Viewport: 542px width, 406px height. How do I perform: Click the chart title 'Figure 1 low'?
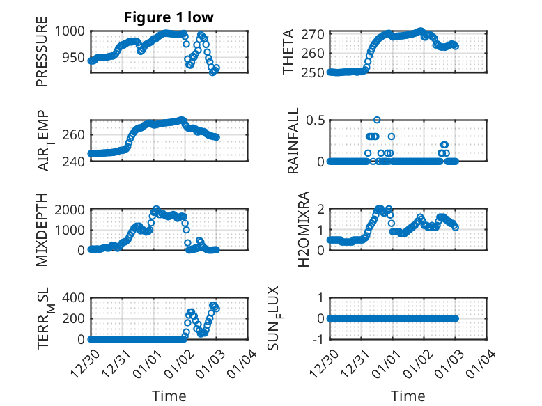[x=169, y=17]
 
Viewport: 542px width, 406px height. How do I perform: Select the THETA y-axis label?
[x=288, y=52]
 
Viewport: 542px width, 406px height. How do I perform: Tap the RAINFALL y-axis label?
[x=293, y=140]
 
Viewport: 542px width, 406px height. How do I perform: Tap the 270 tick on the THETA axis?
[x=316, y=34]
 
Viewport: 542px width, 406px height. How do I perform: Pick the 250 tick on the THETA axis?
[x=316, y=72]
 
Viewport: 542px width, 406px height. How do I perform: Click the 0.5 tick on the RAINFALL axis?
[x=316, y=120]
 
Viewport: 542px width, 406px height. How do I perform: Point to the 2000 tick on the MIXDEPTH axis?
[x=70, y=209]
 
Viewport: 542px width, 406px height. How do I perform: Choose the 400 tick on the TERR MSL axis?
[x=73, y=297]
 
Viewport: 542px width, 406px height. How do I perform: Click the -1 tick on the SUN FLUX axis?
[x=320, y=339]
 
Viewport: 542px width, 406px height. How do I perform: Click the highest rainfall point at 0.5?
[x=377, y=120]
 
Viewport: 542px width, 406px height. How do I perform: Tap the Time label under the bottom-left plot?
[x=169, y=396]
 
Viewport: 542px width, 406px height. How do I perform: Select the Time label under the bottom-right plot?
[x=408, y=396]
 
